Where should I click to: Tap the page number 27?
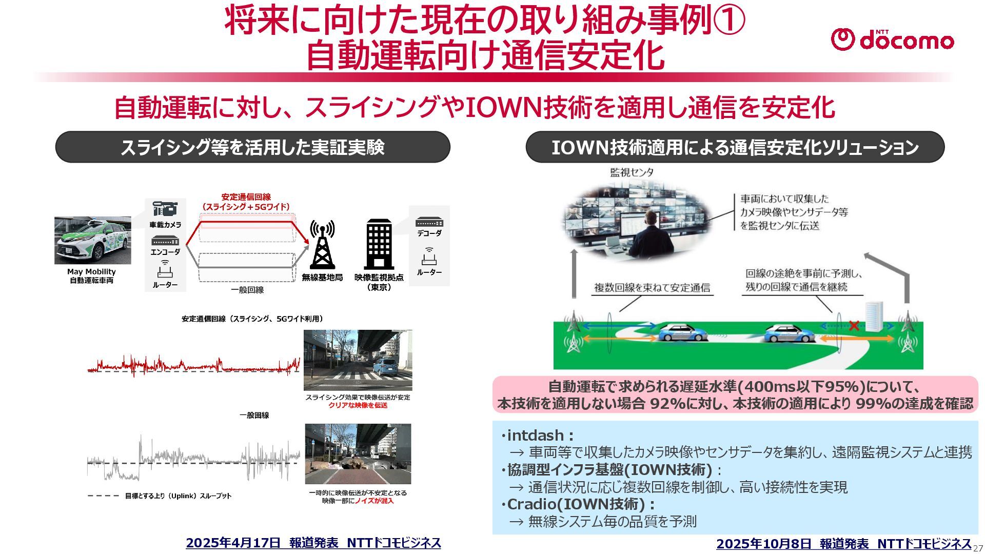(x=978, y=548)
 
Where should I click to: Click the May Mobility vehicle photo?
(x=92, y=240)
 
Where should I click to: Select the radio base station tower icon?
(x=322, y=245)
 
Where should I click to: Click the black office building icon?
(x=379, y=244)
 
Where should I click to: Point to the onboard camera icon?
(x=165, y=209)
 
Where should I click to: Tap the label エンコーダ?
(x=165, y=252)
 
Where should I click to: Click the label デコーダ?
(x=429, y=233)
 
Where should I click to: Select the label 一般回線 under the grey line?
(x=247, y=290)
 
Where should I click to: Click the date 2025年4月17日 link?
(x=233, y=543)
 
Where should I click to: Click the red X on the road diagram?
(x=854, y=326)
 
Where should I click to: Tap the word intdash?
(x=535, y=436)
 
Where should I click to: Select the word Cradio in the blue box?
(x=529, y=504)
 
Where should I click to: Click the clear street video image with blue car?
(x=358, y=360)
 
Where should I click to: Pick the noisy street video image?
(x=358, y=454)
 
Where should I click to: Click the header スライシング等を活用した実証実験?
(x=252, y=147)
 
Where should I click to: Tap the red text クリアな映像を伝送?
(x=358, y=405)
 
